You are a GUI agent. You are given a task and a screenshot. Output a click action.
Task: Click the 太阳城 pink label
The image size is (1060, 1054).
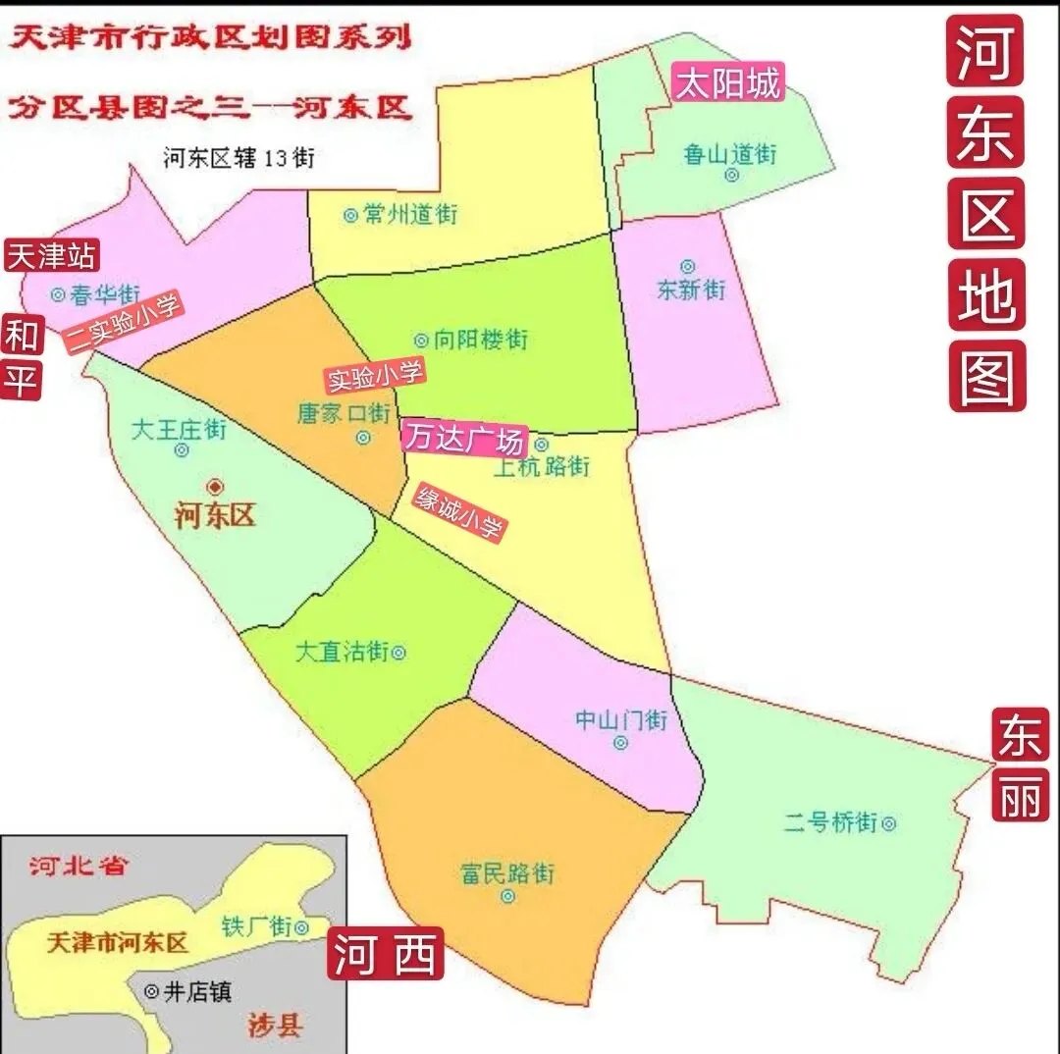[727, 83]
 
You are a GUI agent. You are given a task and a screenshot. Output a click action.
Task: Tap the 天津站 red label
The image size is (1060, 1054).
[52, 257]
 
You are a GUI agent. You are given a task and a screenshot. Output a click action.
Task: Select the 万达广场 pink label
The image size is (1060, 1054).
[465, 438]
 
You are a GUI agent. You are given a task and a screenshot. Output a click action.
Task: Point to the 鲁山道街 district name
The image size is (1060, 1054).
[730, 154]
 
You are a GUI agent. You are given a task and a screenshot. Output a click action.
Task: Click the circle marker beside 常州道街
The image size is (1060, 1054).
[350, 214]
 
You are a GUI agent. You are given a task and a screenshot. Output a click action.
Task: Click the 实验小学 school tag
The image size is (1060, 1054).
[375, 374]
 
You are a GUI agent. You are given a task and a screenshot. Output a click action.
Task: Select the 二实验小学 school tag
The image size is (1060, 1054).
[124, 324]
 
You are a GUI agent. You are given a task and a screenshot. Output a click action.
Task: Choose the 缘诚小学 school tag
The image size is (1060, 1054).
[459, 512]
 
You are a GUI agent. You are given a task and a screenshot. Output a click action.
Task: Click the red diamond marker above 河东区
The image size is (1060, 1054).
[215, 486]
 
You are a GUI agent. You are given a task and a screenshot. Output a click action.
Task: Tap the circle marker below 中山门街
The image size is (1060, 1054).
[620, 743]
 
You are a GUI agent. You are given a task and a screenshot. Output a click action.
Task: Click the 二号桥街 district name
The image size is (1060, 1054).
[829, 822]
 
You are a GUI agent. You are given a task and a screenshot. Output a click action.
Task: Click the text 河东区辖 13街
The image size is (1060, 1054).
[239, 157]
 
